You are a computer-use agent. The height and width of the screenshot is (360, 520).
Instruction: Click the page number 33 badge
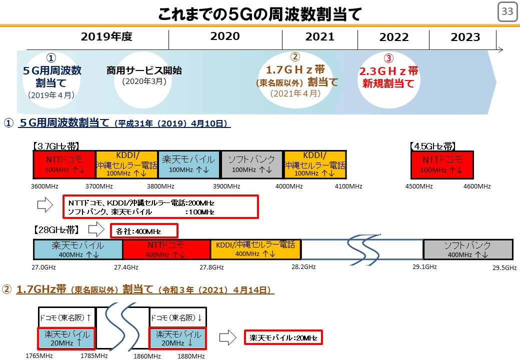click(507, 11)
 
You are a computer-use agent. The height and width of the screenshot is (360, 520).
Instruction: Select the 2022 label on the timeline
click(393, 37)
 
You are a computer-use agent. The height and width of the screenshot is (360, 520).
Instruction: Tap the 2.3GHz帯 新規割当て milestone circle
click(388, 80)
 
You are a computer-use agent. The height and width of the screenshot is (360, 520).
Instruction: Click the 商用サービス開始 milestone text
click(144, 70)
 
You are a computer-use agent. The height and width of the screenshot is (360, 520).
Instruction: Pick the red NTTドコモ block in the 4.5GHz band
click(442, 165)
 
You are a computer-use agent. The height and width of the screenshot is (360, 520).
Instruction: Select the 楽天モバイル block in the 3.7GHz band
click(189, 165)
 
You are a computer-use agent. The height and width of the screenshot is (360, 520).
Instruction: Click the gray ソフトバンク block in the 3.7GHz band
click(251, 165)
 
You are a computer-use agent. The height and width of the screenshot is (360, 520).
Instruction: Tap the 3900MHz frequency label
click(226, 186)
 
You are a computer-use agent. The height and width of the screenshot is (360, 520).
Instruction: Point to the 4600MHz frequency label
click(477, 186)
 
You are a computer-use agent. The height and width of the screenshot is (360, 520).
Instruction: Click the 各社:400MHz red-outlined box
click(144, 230)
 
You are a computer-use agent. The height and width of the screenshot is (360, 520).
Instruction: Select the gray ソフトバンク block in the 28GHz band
click(468, 249)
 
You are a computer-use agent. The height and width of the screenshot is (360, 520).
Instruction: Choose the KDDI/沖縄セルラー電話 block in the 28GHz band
click(255, 249)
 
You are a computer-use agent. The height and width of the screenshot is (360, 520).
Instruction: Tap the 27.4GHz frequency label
click(126, 267)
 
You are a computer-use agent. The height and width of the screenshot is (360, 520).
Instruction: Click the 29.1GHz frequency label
click(424, 267)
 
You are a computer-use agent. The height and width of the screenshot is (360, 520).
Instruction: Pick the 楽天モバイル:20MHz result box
click(283, 337)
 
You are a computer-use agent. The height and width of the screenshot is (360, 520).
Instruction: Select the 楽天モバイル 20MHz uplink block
click(66, 338)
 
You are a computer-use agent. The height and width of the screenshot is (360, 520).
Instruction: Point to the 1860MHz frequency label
click(147, 356)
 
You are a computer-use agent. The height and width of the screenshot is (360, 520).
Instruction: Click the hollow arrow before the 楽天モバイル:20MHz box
click(228, 338)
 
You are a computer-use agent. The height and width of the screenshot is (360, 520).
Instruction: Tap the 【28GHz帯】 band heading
click(56, 229)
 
